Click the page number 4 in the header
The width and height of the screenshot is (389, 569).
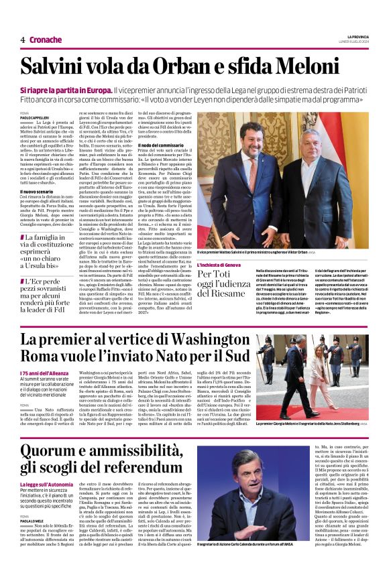coord(23,40)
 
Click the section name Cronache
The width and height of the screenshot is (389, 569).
coord(46,40)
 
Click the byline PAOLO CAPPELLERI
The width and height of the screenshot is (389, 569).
coord(34,118)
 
